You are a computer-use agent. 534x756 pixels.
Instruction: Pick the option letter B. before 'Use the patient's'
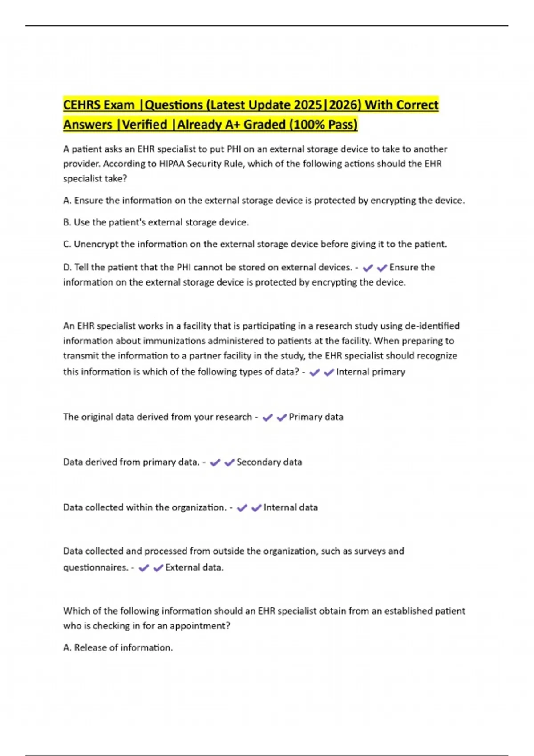click(67, 222)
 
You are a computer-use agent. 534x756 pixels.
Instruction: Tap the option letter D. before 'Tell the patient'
click(67, 267)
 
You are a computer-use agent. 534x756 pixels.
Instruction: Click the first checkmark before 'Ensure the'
click(368, 268)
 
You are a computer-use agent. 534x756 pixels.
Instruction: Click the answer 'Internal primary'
click(371, 372)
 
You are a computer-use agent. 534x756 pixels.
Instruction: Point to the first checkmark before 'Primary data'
click(267, 417)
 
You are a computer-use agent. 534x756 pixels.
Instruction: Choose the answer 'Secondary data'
click(269, 462)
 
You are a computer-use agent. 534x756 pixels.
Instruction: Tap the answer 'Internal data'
click(291, 507)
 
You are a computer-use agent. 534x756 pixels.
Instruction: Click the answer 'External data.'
click(194, 567)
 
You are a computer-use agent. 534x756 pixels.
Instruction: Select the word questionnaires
click(95, 567)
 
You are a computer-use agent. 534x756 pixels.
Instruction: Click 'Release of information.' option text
click(123, 648)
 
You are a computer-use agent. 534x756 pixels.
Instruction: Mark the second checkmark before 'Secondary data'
click(230, 462)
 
